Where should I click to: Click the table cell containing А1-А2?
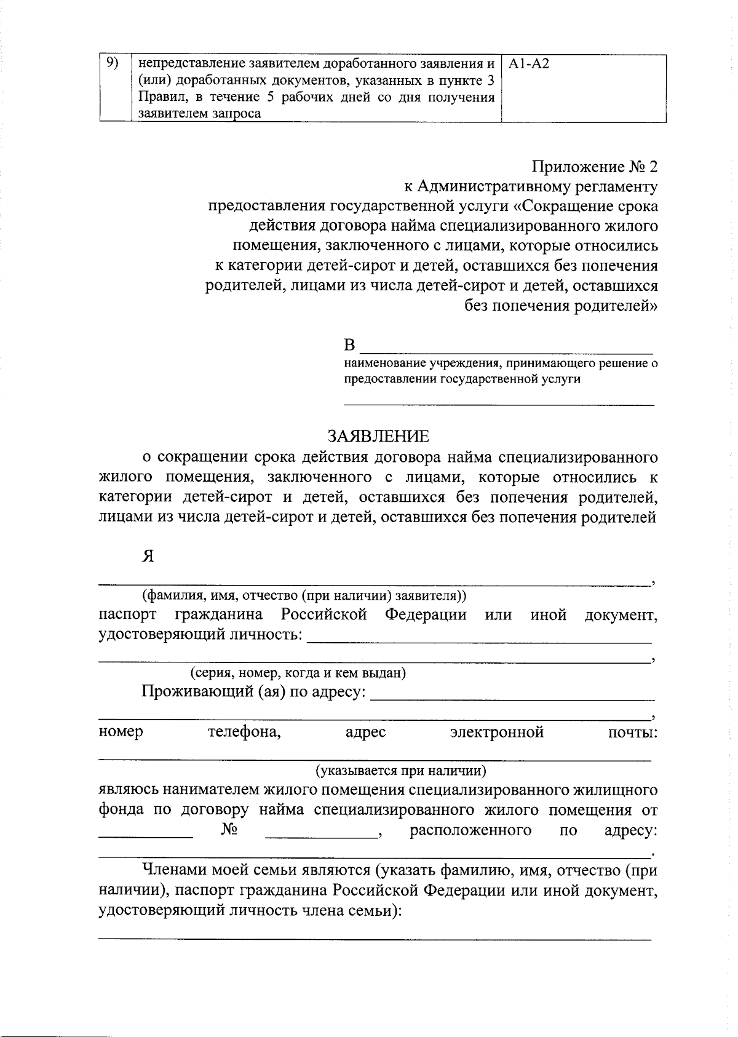[x=583, y=88]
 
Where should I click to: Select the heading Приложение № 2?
[x=595, y=167]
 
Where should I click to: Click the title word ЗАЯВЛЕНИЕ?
[x=378, y=437]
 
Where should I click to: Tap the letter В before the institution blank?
[x=349, y=344]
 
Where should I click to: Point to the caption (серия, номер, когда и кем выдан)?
[x=298, y=673]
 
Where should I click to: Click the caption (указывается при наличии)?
[x=401, y=771]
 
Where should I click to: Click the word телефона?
[x=245, y=732]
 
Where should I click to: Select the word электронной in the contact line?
[x=497, y=732]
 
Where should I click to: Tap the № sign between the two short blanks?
[x=229, y=830]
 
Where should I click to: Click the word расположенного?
[x=470, y=830]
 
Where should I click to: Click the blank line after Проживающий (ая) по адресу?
[x=514, y=698]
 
